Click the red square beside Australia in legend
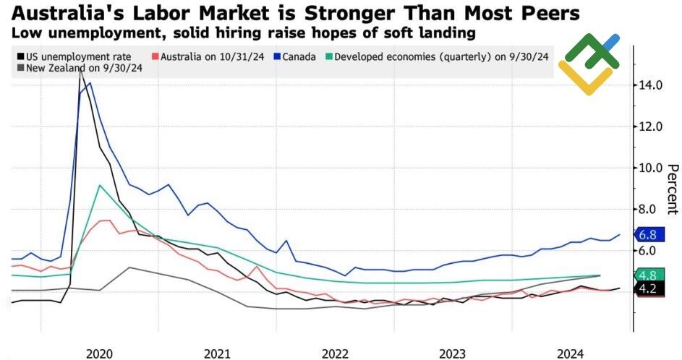click(155, 56)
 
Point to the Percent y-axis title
click(672, 188)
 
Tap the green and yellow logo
click(589, 65)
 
